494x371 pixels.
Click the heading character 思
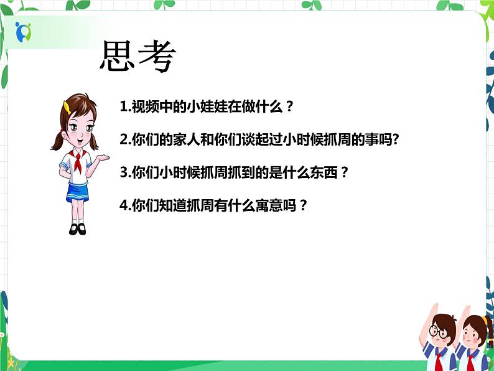[x=119, y=57]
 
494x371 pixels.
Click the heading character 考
[x=157, y=57]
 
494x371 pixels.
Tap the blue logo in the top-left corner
[x=23, y=31]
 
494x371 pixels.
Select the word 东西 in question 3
[x=324, y=173]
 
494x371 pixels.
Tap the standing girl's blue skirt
[x=78, y=190]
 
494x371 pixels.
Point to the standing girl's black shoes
[x=77, y=228]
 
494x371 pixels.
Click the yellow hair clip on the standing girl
[x=65, y=106]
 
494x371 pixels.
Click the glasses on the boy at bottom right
[x=440, y=333]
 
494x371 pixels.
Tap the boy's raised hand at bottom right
[x=432, y=309]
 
